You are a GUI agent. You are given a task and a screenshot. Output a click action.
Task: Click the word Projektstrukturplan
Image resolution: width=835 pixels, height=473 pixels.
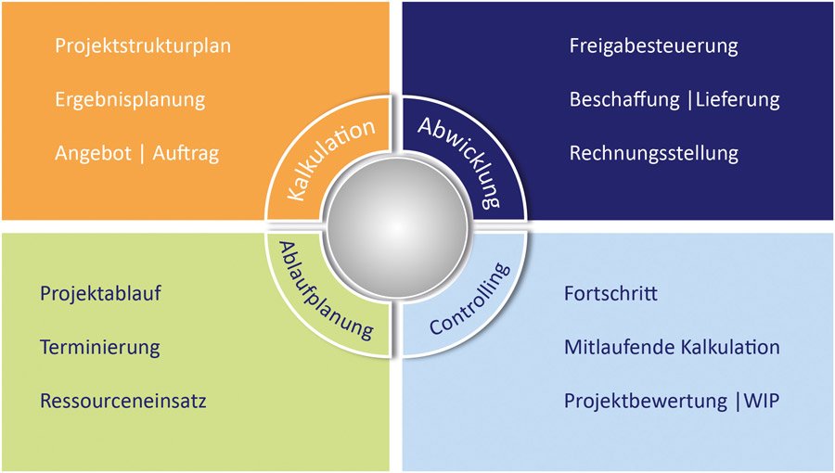(143, 45)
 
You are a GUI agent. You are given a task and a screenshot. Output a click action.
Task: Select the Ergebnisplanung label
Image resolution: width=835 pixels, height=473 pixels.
(130, 99)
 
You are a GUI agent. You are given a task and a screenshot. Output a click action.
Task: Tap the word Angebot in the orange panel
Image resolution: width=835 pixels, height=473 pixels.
(92, 154)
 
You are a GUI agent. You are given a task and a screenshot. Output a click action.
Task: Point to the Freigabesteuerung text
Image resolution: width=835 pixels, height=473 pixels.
(653, 45)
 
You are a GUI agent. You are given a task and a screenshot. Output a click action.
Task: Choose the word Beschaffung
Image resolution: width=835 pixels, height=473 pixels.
(624, 99)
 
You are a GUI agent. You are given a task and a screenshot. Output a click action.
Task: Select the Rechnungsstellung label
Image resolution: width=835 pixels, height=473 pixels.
(654, 153)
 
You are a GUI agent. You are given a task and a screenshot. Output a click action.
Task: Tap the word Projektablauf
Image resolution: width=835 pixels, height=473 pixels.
(101, 294)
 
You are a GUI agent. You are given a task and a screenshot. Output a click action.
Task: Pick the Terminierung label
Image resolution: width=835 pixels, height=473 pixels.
(100, 348)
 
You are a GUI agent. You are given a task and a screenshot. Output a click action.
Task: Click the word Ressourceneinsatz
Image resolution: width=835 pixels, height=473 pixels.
(123, 402)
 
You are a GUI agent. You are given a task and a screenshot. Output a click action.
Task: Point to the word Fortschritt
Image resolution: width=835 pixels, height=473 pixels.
(610, 294)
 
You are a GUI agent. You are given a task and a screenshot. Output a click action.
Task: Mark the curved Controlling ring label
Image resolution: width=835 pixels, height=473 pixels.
(471, 300)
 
